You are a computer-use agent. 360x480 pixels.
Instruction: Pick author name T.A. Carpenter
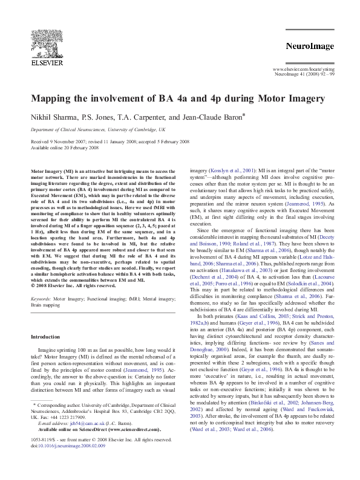coord(133,117)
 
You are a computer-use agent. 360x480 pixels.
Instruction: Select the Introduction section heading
coord(45,337)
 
